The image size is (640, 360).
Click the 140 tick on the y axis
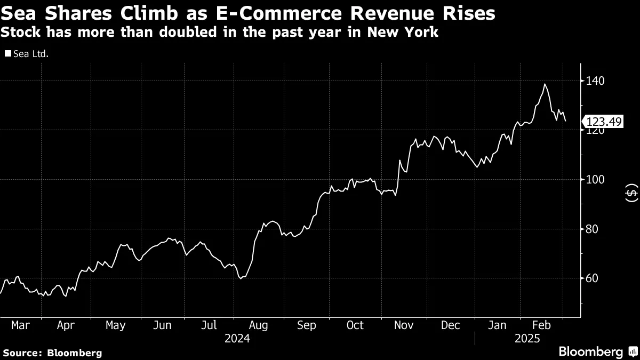click(x=596, y=81)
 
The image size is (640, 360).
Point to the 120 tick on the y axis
click(x=596, y=130)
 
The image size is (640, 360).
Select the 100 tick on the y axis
click(x=596, y=180)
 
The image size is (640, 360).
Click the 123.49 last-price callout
click(x=603, y=122)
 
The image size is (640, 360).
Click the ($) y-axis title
click(x=631, y=193)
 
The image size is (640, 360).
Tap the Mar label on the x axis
click(x=20, y=325)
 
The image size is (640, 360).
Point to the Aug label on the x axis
click(x=258, y=325)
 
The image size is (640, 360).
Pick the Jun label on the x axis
click(x=163, y=325)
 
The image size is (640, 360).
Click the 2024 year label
click(x=237, y=339)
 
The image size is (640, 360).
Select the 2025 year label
click(x=527, y=339)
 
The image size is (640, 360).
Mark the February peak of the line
click(x=545, y=84)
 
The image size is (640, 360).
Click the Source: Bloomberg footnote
click(x=52, y=353)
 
